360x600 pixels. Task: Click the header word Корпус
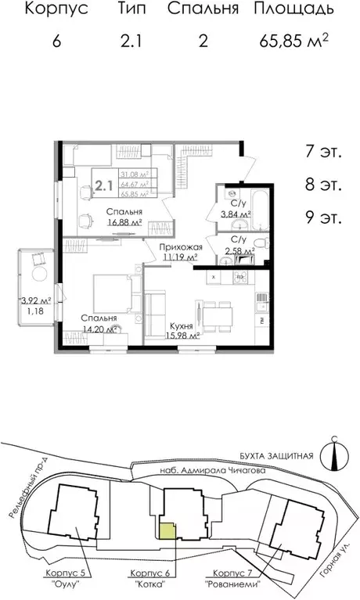click(54, 10)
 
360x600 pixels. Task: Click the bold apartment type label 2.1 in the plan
click(103, 186)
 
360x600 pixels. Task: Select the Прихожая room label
click(178, 246)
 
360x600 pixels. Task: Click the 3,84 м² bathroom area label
click(235, 213)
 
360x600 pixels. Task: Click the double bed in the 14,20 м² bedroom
click(106, 295)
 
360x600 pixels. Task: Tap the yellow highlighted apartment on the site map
click(167, 530)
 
